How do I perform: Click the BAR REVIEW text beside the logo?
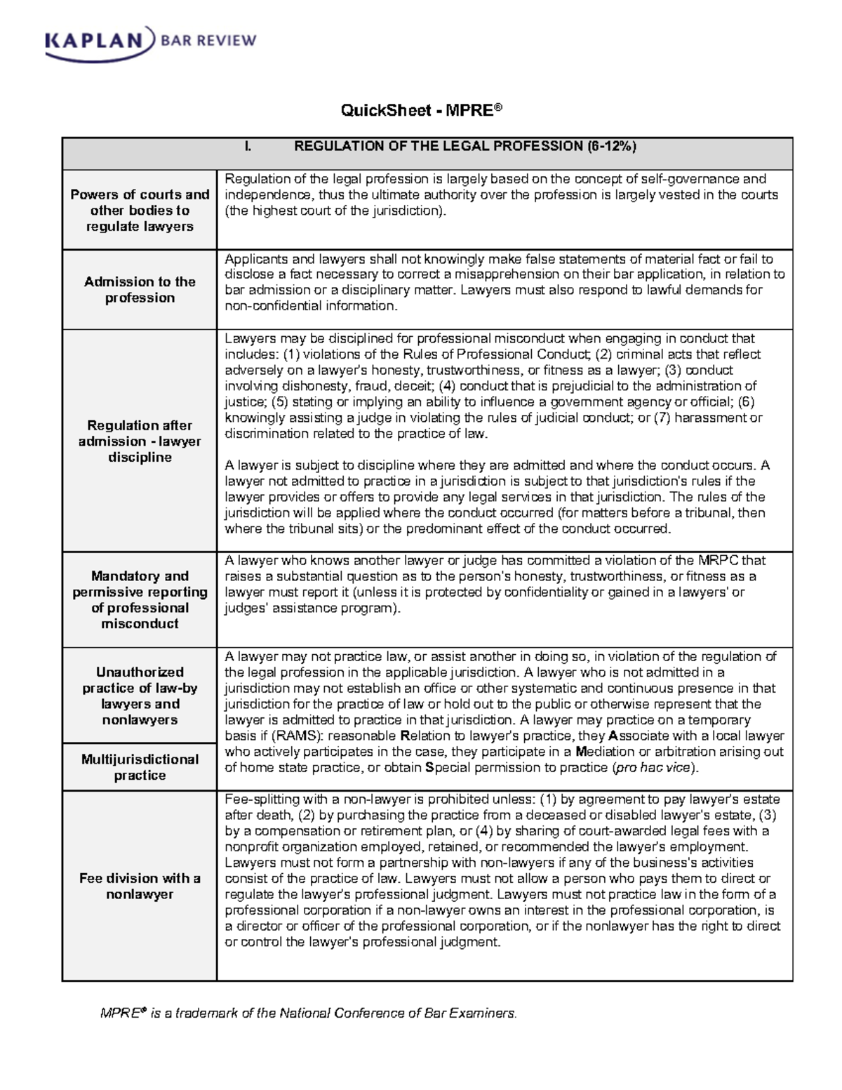coord(208,41)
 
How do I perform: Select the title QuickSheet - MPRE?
coord(421,110)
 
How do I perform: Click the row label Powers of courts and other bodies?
coord(140,210)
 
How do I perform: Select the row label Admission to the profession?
coord(140,290)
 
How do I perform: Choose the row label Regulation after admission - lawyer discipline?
coord(140,441)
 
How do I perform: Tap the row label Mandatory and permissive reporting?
coord(140,599)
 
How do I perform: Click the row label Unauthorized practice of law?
coord(140,696)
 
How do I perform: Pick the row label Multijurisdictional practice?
coord(140,767)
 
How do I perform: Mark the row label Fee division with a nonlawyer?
coord(140,886)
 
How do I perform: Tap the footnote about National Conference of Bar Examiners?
coord(309,1013)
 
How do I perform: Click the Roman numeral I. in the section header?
coord(248,146)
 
